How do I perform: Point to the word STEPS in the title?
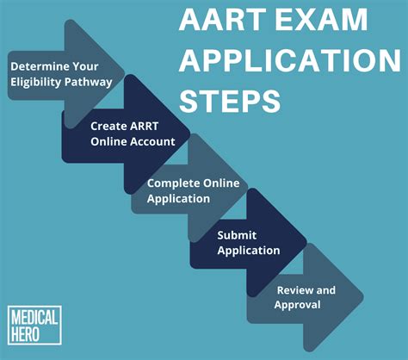[230, 102]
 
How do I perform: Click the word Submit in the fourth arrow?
[237, 234]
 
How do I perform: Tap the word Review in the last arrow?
[294, 290]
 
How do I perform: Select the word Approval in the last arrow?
[297, 304]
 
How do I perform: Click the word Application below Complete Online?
[178, 198]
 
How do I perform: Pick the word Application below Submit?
[249, 250]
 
